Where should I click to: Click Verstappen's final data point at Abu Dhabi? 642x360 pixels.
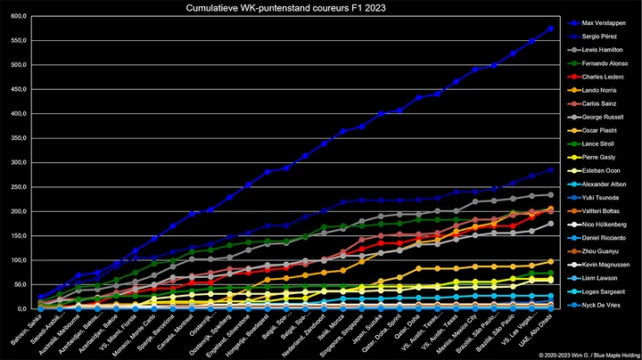pos(550,28)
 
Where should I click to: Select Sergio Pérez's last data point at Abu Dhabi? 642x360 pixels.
pos(550,169)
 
